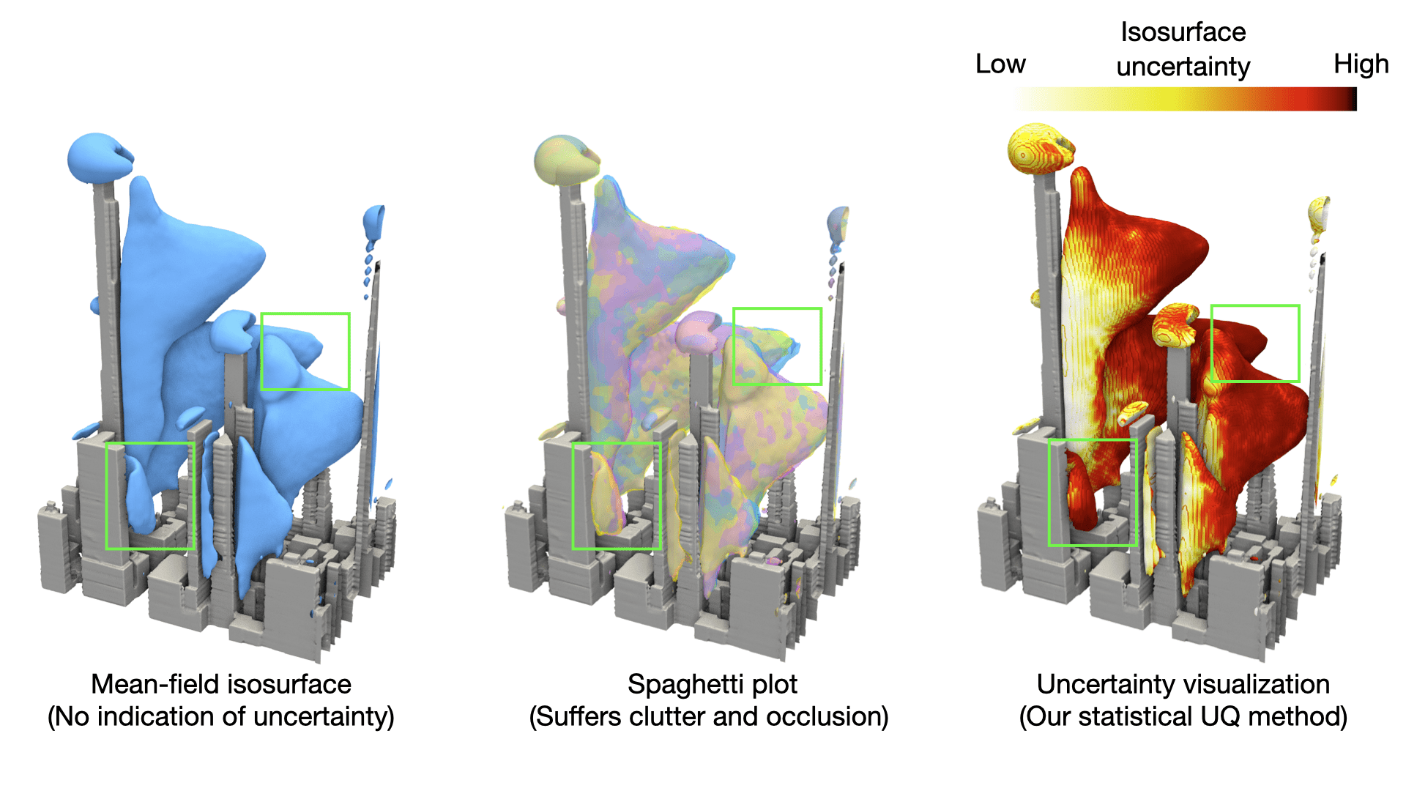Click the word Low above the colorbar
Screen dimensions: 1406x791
tap(1000, 64)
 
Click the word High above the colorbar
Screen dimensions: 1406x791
tap(1361, 64)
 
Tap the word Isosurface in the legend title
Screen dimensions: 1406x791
tap(1183, 32)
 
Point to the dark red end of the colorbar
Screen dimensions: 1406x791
tap(1351, 99)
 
